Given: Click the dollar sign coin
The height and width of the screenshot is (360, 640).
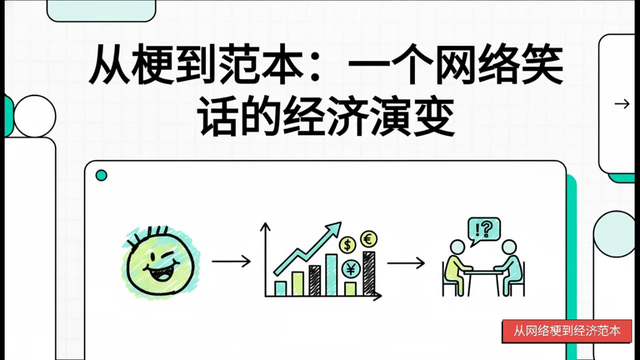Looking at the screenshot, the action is [347, 245].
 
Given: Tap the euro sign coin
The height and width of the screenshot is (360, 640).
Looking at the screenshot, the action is [368, 239].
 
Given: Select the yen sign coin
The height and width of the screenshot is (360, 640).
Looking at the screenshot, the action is [351, 269].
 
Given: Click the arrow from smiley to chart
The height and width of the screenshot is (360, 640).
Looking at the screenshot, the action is [231, 261].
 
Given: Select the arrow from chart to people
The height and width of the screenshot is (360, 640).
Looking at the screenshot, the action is [406, 263].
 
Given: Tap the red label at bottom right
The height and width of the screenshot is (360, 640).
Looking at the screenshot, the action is [567, 331].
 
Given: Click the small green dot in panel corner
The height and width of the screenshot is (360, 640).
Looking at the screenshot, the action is [101, 175].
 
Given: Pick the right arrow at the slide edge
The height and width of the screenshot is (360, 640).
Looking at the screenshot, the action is [622, 104].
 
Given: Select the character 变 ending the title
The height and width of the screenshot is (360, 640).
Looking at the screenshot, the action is [434, 116].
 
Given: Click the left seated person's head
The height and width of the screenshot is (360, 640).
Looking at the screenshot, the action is [457, 247].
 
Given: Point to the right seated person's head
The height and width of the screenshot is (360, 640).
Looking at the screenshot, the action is [509, 247].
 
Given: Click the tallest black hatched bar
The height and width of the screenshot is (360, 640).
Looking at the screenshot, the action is [368, 273].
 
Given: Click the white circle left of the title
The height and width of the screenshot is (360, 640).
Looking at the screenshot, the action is [34, 116].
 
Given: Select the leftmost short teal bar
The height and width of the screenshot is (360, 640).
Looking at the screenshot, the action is [281, 288].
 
